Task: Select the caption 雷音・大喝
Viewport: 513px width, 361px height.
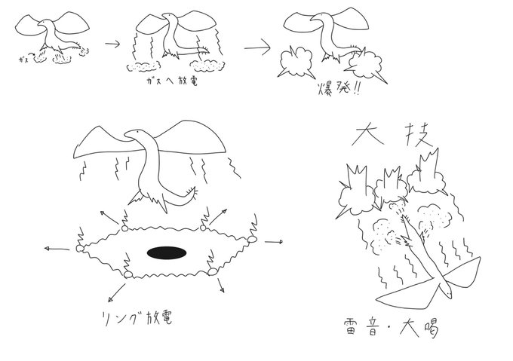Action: (398, 329)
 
